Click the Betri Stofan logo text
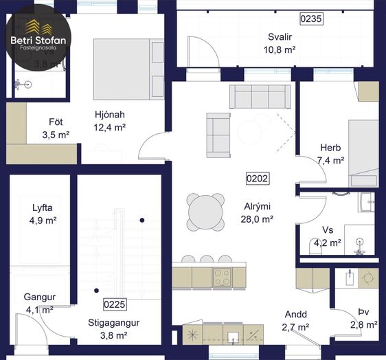(38, 40)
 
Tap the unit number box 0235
(311, 19)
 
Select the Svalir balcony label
(280, 37)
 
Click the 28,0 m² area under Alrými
(257, 219)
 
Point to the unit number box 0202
(258, 179)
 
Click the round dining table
(205, 212)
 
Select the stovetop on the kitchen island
(223, 278)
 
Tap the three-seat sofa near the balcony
(260, 96)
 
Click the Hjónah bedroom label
(110, 115)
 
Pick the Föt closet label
(56, 122)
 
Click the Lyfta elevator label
(43, 208)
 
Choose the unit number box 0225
(115, 304)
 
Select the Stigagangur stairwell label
(114, 323)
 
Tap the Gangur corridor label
(40, 297)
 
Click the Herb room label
(330, 148)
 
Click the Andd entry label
(296, 315)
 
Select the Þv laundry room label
(364, 312)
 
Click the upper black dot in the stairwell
(142, 220)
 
